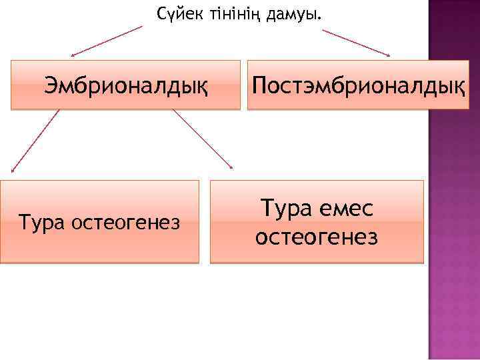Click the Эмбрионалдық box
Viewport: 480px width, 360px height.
tap(125, 85)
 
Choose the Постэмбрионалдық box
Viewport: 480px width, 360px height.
tap(359, 85)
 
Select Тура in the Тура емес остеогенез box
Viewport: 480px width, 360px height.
tap(284, 209)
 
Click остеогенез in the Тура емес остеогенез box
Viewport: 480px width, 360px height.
tap(317, 236)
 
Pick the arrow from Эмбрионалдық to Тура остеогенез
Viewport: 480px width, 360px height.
tap(33, 141)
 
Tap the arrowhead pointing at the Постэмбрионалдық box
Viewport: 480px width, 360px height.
tap(387, 54)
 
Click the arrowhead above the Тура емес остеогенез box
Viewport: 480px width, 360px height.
tap(230, 166)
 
